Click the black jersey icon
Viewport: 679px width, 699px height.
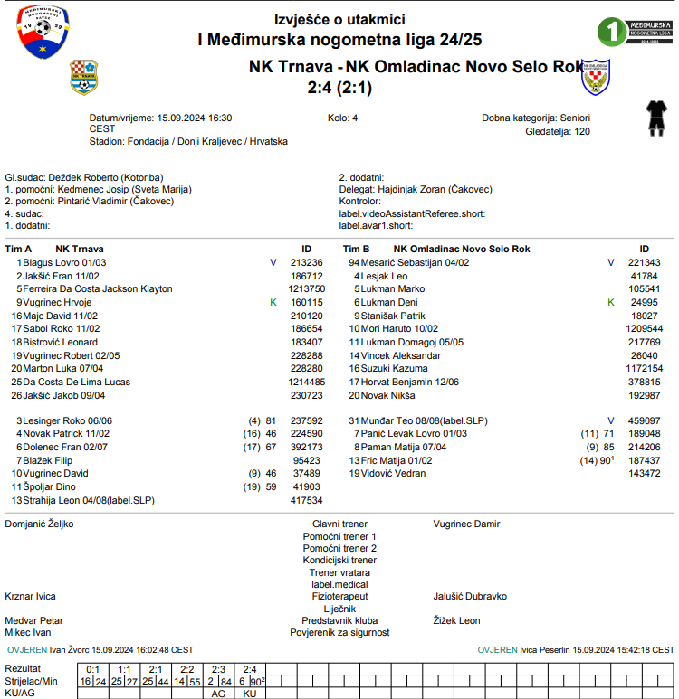654,118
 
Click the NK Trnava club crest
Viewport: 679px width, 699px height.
84,77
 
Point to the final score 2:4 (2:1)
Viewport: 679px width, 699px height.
339,88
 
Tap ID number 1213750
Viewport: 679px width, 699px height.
306,289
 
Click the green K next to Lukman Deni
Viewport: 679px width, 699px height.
610,302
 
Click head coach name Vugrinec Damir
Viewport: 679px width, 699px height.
466,524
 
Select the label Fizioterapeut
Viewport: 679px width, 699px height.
339,597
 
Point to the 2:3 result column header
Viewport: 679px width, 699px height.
218,669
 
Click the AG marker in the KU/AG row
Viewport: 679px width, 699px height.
218,694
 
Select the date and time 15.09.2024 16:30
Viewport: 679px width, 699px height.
194,118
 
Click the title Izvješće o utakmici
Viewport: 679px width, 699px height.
339,19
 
